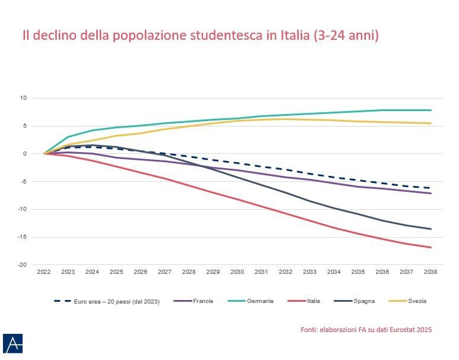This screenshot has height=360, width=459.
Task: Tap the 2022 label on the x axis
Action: pyautogui.click(x=44, y=271)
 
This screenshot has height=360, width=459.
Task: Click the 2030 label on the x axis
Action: pyautogui.click(x=238, y=271)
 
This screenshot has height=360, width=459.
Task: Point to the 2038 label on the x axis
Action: pyautogui.click(x=430, y=271)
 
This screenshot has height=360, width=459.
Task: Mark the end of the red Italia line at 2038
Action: pyautogui.click(x=430, y=247)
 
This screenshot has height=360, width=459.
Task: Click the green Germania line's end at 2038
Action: pyautogui.click(x=430, y=110)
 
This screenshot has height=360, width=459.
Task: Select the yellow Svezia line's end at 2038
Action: pyautogui.click(x=430, y=123)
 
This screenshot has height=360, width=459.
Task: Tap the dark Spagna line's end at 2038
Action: pyautogui.click(x=430, y=229)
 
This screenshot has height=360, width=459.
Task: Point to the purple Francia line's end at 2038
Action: pyautogui.click(x=430, y=193)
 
